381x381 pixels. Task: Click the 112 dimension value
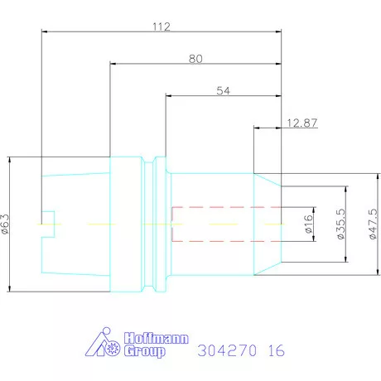[162, 27]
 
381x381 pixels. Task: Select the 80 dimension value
[195, 59]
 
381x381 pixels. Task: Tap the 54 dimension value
[223, 91]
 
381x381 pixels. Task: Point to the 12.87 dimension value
[302, 123]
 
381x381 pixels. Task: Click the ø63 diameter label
[5, 224]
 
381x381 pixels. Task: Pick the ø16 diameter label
[309, 224]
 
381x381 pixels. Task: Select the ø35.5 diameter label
[341, 224]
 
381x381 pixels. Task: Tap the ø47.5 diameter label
[373, 224]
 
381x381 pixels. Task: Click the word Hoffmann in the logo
[156, 338]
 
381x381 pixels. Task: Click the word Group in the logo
[144, 351]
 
